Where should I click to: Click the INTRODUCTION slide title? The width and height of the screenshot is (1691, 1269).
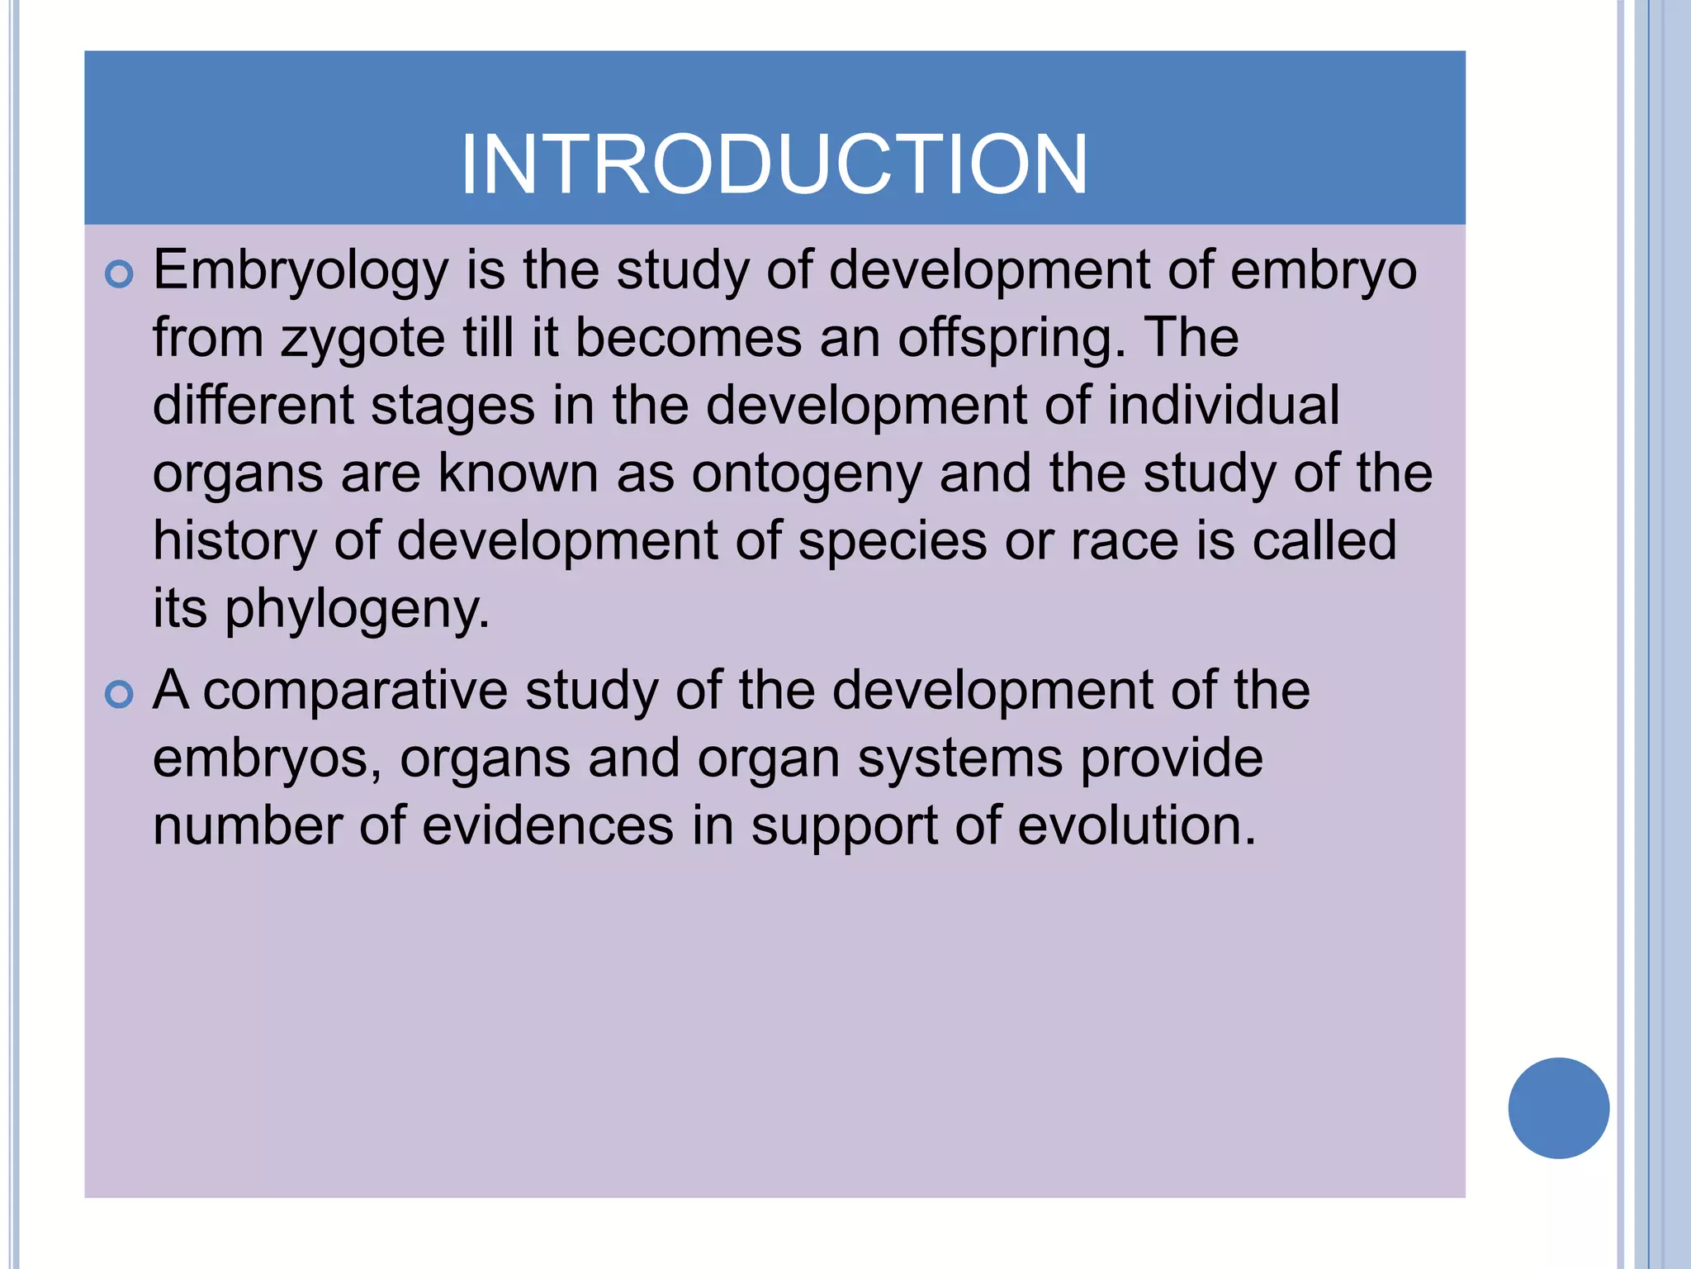pyautogui.click(x=774, y=165)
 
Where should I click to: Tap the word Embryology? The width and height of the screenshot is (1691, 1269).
pyautogui.click(x=301, y=271)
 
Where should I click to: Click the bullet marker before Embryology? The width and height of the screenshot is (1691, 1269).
pyautogui.click(x=120, y=274)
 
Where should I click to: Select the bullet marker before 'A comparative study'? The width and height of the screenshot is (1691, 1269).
pyautogui.click(x=120, y=695)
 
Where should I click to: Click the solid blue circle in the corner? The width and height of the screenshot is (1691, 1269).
pyautogui.click(x=1558, y=1108)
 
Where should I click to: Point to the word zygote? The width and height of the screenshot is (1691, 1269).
pyautogui.click(x=362, y=340)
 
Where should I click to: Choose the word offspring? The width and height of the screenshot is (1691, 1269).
pyautogui.click(x=1011, y=339)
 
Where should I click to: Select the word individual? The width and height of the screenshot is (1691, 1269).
pyautogui.click(x=1223, y=406)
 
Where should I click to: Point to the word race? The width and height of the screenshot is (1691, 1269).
pyautogui.click(x=1125, y=542)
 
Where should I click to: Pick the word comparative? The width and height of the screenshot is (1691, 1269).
pyautogui.click(x=355, y=692)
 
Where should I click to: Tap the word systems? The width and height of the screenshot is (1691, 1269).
pyautogui.click(x=960, y=760)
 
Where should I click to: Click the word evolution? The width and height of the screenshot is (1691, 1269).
pyautogui.click(x=1136, y=826)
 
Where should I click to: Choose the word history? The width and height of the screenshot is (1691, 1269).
pyautogui.click(x=234, y=543)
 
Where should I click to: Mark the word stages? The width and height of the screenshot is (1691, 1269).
pyautogui.click(x=452, y=407)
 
